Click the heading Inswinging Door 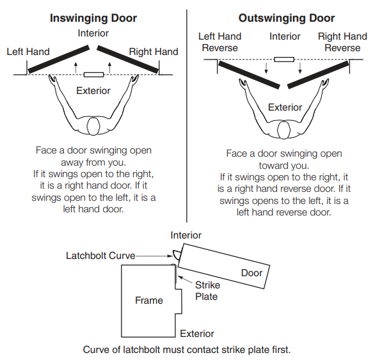[93, 18]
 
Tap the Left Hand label [28, 51]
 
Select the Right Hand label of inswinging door [154, 51]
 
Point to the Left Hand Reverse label [219, 42]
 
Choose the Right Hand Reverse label [342, 42]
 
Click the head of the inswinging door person [93, 127]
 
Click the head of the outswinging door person [285, 130]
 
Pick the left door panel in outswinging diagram [250, 74]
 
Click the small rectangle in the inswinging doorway [93, 75]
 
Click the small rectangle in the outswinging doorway [284, 59]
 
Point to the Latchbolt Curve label [100, 256]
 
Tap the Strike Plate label [206, 291]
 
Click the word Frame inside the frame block [148, 301]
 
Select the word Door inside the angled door [251, 273]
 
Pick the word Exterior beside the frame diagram [197, 334]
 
